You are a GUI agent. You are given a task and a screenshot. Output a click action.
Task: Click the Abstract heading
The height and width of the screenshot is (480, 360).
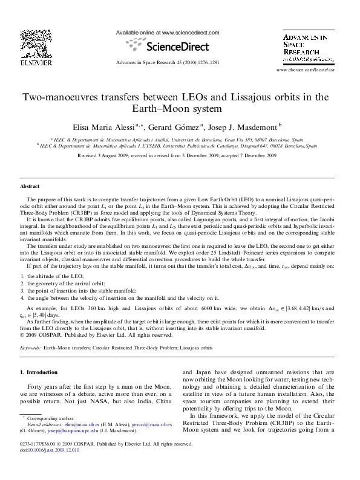coord(30,187)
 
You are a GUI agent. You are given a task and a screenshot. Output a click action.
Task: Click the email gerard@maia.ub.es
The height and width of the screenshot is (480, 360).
coord(151,424)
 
